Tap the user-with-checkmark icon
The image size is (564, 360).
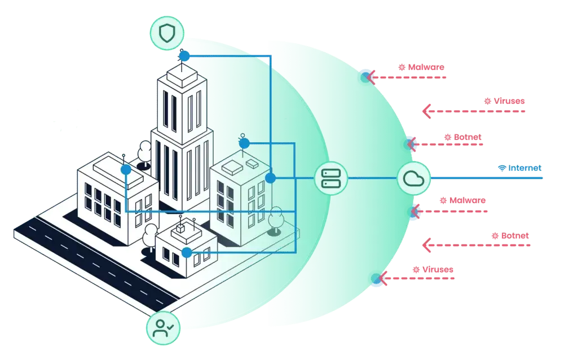(164, 327)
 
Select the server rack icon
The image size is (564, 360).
(331, 178)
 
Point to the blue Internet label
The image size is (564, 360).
(525, 168)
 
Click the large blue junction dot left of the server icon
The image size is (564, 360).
(271, 178)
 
